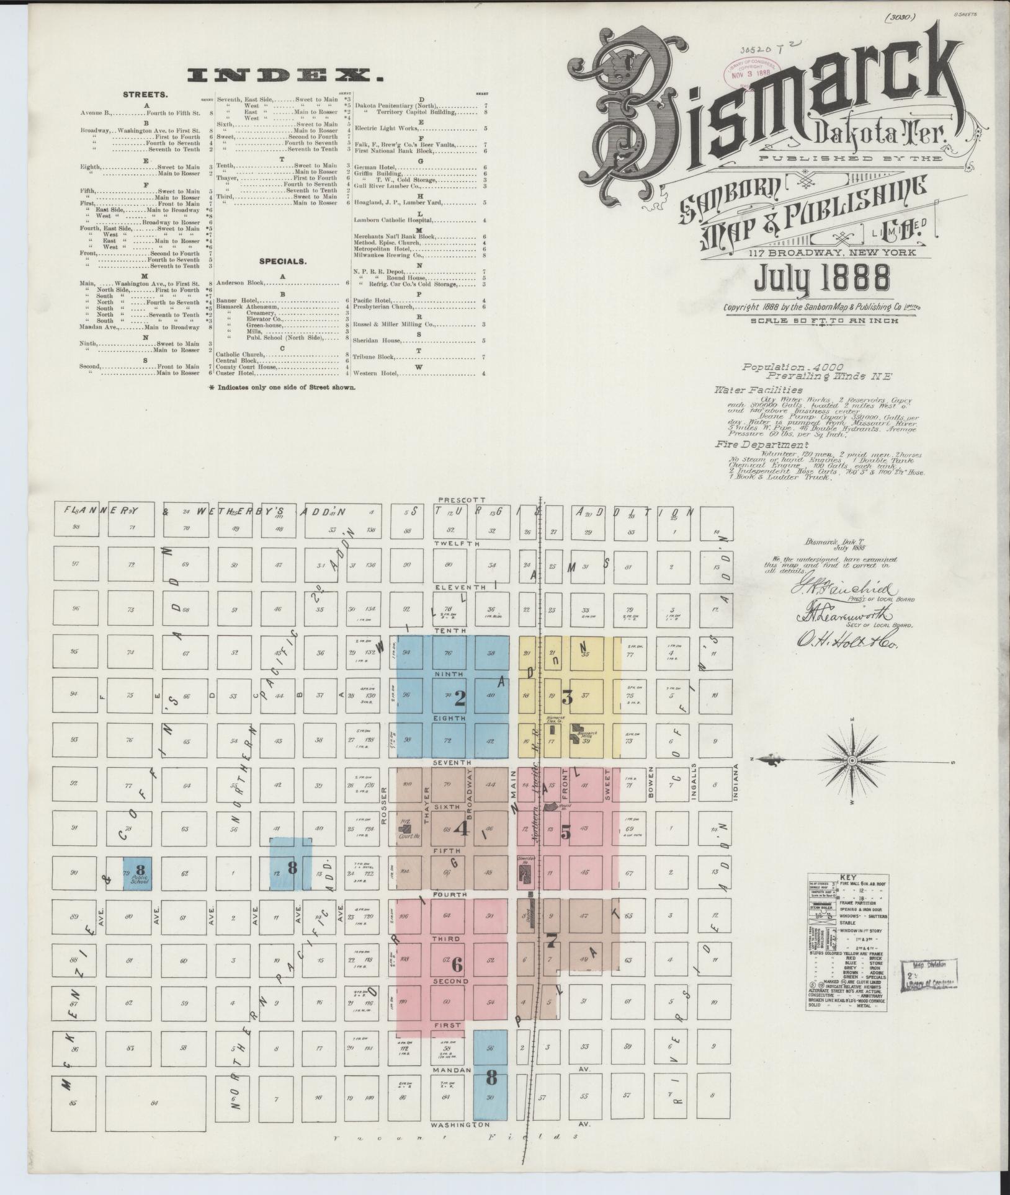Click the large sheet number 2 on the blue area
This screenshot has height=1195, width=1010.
point(460,699)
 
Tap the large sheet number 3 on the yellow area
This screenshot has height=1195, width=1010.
point(566,696)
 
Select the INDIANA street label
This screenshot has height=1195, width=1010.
point(736,784)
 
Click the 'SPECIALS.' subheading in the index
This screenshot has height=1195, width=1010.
point(284,261)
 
